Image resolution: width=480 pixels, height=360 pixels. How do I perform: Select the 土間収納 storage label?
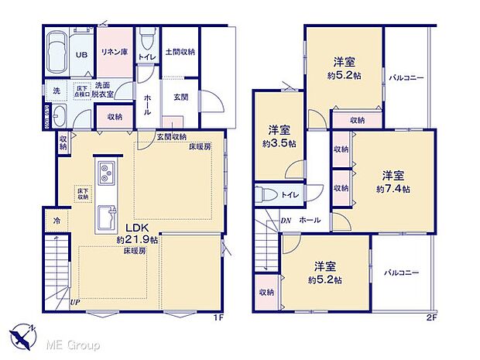click(x=180, y=52)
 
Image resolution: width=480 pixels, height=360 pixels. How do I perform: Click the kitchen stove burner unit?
click(x=107, y=170)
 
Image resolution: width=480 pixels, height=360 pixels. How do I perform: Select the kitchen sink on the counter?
click(x=107, y=211)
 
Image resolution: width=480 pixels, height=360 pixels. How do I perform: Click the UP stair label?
click(x=75, y=302)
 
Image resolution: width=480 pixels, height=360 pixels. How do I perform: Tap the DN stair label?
click(x=286, y=221)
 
